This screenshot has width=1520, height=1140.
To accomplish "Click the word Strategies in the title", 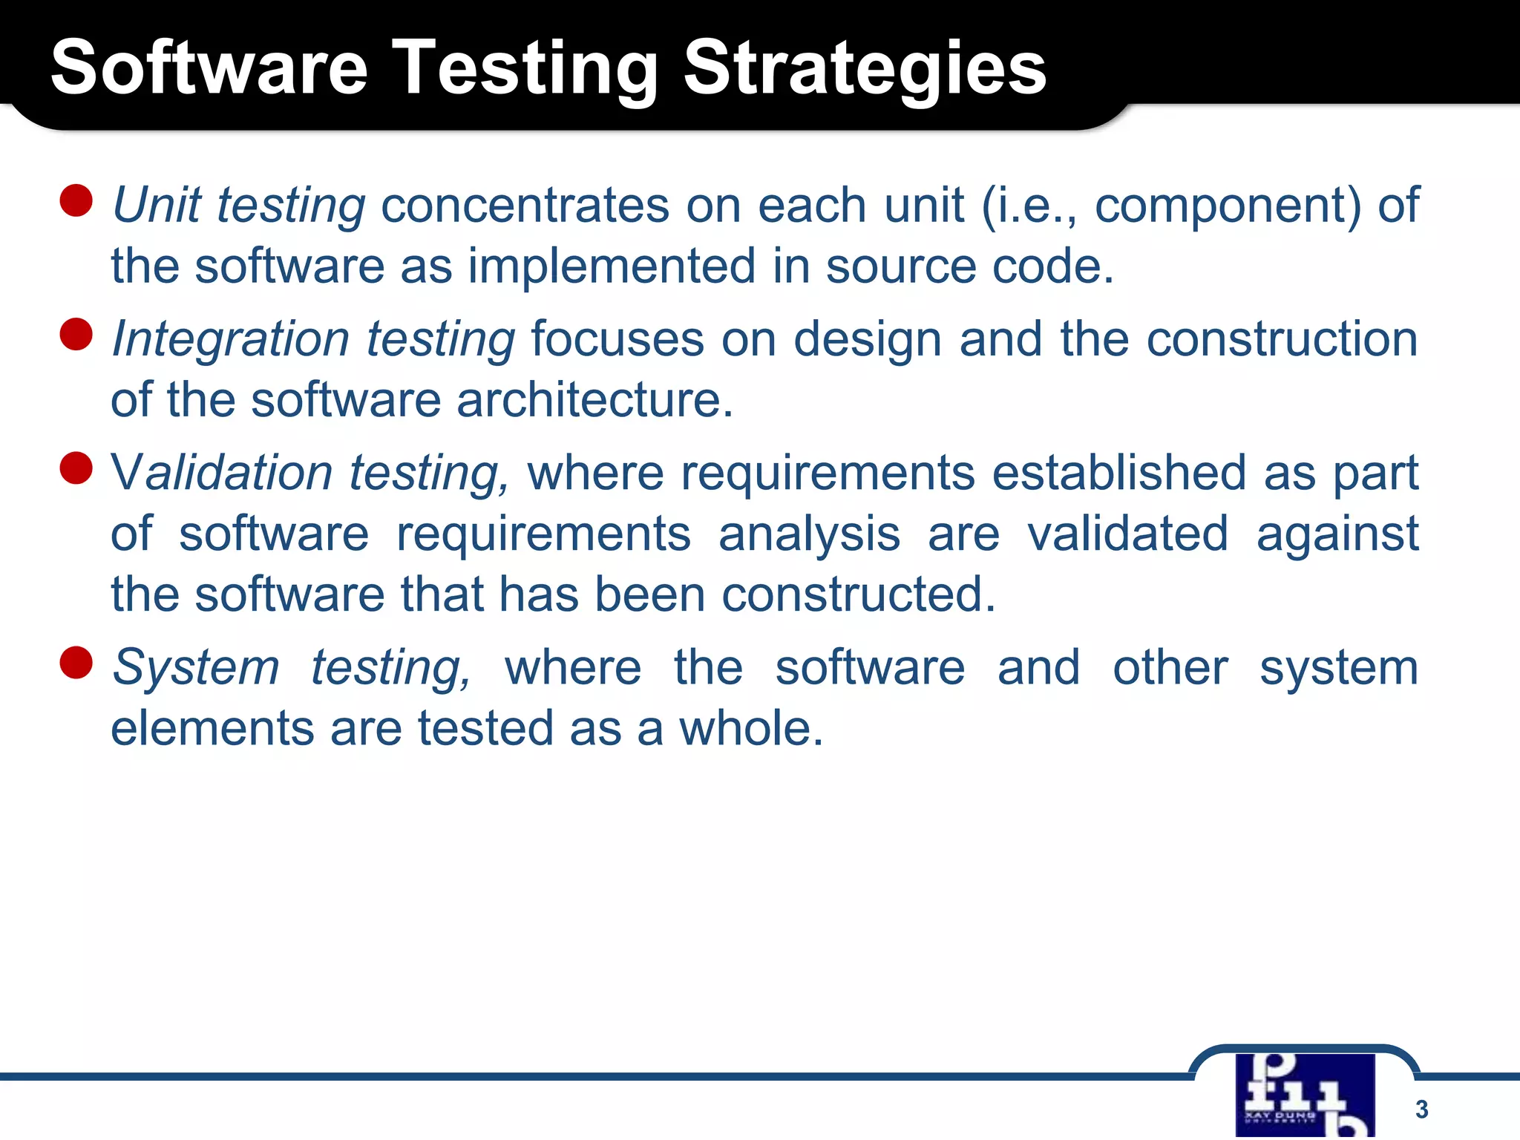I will [x=864, y=68].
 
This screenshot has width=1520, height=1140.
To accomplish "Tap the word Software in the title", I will [x=209, y=68].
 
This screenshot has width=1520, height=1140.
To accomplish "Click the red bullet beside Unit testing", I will [x=76, y=200].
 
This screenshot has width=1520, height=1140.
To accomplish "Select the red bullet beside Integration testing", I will [x=76, y=334].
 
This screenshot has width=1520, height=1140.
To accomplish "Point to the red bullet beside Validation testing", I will [x=76, y=468].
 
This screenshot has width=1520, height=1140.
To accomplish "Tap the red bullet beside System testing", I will [x=76, y=662].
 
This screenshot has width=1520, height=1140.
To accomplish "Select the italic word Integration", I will [x=230, y=339].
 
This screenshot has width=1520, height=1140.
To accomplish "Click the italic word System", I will [x=196, y=667].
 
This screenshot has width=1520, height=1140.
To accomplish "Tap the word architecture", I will [x=594, y=400].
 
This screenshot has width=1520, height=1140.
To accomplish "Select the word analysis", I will [x=809, y=535].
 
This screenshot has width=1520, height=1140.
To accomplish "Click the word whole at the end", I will [x=751, y=728].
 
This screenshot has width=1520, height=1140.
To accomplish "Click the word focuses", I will [x=617, y=339].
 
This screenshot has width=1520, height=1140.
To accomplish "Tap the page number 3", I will [x=1421, y=1109].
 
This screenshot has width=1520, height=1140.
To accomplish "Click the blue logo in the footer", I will [x=1305, y=1095].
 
